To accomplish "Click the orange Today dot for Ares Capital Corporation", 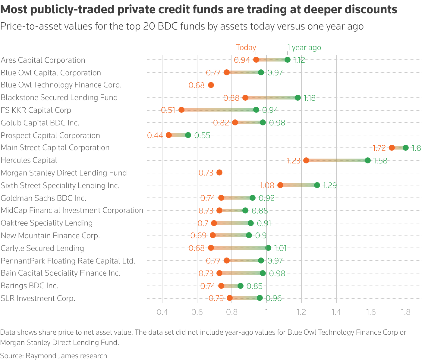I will (256, 60).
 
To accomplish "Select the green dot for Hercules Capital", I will (367, 160).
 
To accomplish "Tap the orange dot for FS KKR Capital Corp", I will (181, 110).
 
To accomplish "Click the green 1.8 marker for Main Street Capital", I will (406, 148).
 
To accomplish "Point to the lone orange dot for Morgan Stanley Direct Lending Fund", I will (219, 172).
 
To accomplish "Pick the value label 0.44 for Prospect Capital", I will (155, 135).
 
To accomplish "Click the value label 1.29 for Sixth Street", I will (329, 185).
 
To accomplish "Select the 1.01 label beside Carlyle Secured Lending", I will (280, 248).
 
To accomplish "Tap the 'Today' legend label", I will (246, 48).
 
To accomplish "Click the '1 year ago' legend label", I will (304, 48).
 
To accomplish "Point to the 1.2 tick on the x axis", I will (301, 312).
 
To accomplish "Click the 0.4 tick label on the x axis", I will (162, 312).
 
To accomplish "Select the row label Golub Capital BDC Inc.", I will (40, 123).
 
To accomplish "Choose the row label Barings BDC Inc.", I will (30, 286).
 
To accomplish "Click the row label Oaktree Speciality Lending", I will (47, 223).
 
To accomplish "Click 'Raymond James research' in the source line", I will (66, 356).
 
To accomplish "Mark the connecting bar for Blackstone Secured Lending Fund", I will (271, 98).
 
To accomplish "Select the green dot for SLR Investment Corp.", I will (260, 298).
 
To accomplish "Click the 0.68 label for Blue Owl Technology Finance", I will (197, 85).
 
